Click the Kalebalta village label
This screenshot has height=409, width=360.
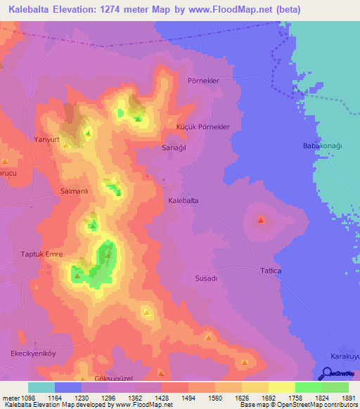pos(184,200)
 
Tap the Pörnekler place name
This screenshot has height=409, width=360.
pos(204,81)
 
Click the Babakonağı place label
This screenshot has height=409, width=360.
pos(321,145)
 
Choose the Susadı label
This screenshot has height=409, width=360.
pos(206,278)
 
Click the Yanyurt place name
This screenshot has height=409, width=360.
pos(49,139)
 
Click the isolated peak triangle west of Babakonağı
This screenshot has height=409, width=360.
pos(262,221)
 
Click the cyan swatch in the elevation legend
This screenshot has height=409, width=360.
pos(41,387)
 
